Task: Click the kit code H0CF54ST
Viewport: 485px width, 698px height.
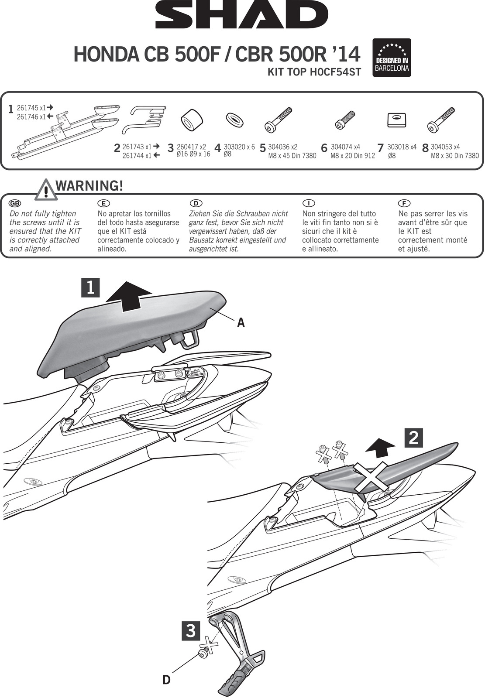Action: pyautogui.click(x=314, y=72)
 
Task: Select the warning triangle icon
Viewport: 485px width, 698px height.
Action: pyautogui.click(x=46, y=191)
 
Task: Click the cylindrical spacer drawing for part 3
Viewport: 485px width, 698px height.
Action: pyautogui.click(x=192, y=120)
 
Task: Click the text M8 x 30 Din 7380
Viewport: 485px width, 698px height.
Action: pyautogui.click(x=454, y=156)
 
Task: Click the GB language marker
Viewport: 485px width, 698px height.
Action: pyautogui.click(x=15, y=203)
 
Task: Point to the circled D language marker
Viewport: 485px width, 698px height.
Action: pyautogui.click(x=196, y=203)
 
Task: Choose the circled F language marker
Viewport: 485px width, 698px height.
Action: pyautogui.click(x=404, y=203)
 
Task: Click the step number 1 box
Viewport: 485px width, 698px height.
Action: pyautogui.click(x=90, y=288)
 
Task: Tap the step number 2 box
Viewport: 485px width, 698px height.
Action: pyautogui.click(x=413, y=438)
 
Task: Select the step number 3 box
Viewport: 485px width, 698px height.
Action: pyautogui.click(x=191, y=631)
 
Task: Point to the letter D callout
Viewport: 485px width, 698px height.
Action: pyautogui.click(x=166, y=680)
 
